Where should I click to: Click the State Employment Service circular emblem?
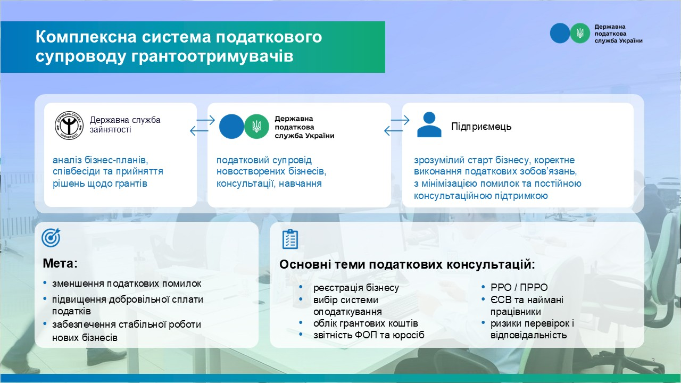point(69,126)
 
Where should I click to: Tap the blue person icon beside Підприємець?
point(429,124)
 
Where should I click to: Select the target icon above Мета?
point(51,237)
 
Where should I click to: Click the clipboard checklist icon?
point(290,239)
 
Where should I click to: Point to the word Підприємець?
point(481,127)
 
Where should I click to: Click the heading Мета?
point(60,263)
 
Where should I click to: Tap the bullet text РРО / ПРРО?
point(519,287)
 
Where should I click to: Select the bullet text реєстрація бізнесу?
point(356,288)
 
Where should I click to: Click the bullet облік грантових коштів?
point(366,323)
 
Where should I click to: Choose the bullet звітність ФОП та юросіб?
point(369,335)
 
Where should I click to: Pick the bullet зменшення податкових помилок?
point(127,284)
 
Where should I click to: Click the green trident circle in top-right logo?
point(580,33)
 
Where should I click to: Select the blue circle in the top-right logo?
point(560,33)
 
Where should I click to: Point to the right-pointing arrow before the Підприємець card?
point(400,120)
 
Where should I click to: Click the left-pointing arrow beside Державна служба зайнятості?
point(199,131)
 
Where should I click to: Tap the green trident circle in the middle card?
point(256,127)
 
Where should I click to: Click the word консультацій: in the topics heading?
point(491,264)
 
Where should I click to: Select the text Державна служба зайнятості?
point(125,124)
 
